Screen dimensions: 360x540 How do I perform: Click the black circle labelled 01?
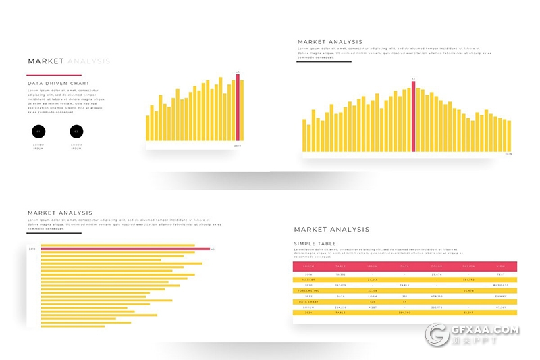pos(38,131)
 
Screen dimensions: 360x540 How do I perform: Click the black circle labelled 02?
pos(76,131)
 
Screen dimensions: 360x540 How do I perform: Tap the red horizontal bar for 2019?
pos(125,249)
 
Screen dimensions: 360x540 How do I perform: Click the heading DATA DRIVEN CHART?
pos(58,84)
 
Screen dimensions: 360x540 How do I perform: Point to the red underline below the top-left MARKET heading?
pos(54,75)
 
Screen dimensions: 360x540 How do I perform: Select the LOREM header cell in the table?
pos(309,267)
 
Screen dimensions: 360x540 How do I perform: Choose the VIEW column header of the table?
pos(500,267)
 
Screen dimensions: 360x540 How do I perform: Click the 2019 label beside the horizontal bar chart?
pos(32,249)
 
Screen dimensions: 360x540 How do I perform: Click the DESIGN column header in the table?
pos(468,267)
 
